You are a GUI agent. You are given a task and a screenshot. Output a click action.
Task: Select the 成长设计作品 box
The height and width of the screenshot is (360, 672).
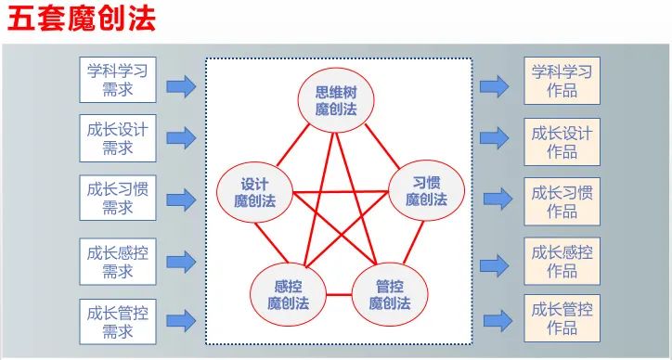pos(562,141)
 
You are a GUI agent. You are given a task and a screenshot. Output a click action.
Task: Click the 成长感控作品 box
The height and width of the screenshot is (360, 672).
pos(562,261)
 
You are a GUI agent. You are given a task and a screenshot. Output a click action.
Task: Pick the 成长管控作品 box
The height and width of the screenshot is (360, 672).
pos(562,319)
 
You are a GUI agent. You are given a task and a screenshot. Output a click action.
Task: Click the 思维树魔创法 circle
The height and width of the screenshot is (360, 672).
pos(335,100)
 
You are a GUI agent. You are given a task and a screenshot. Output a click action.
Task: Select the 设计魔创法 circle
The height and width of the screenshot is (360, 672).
pos(254,191)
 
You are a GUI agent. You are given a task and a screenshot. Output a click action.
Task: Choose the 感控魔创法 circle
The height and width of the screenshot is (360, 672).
pos(288,293)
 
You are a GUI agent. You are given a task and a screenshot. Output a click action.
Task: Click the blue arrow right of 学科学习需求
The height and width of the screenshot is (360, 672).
pos(181,86)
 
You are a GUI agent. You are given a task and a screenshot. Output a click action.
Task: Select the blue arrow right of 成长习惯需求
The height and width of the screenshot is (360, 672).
pos(181,199)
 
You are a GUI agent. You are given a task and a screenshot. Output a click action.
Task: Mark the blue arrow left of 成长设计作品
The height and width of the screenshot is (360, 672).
pos(496,141)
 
